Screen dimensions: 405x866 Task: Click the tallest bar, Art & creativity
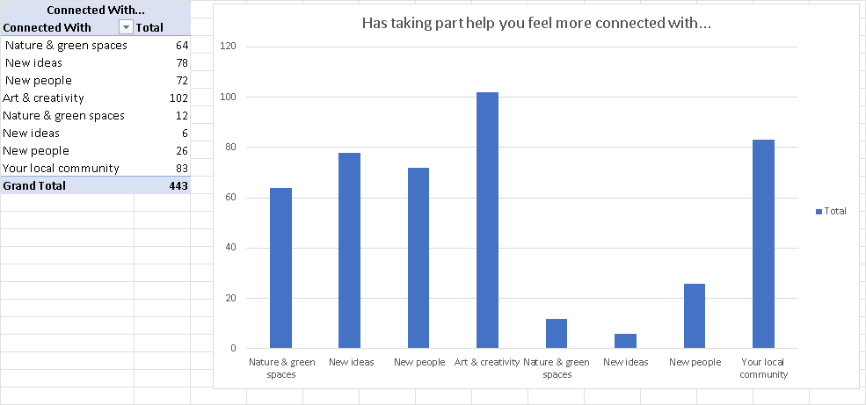(x=487, y=220)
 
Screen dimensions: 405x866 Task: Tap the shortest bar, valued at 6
(x=625, y=341)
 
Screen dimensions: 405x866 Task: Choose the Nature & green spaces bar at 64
(x=280, y=268)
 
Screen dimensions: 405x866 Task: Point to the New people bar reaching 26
(x=694, y=315)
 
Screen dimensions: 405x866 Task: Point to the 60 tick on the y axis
(x=231, y=198)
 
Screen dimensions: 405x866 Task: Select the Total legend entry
(x=831, y=211)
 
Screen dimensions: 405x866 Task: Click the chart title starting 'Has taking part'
(x=536, y=24)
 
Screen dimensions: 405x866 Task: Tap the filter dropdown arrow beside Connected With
(x=125, y=28)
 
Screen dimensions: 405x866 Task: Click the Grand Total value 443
(x=178, y=186)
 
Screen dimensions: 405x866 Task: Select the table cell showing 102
(x=178, y=98)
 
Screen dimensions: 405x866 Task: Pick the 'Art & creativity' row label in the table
(x=43, y=98)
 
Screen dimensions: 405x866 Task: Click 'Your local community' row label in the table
(x=61, y=169)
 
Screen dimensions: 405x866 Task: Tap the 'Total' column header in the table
(x=149, y=28)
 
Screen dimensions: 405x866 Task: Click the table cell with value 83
(x=181, y=169)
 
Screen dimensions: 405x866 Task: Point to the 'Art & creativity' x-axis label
(x=487, y=363)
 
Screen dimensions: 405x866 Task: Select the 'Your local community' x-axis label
(x=763, y=368)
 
